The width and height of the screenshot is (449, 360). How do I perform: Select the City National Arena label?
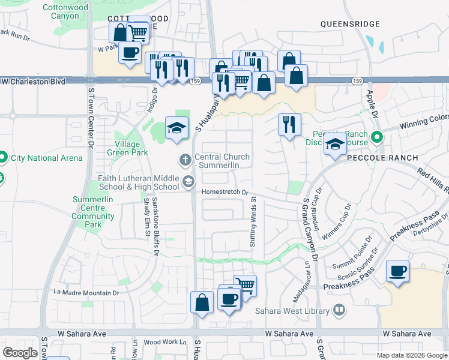(46, 158)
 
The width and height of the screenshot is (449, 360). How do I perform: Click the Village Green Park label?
(127, 148)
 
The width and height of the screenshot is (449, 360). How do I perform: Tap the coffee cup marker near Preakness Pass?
(397, 272)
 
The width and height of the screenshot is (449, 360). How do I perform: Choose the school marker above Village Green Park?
(176, 128)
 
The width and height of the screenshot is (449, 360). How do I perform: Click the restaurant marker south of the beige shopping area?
(289, 124)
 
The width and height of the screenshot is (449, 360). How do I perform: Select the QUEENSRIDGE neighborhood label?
(350, 24)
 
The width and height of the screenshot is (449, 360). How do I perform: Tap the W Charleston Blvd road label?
(33, 80)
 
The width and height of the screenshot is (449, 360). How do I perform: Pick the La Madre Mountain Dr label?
(86, 292)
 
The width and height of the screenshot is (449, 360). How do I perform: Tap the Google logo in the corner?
(20, 353)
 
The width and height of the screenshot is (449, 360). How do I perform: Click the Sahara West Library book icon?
(339, 310)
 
